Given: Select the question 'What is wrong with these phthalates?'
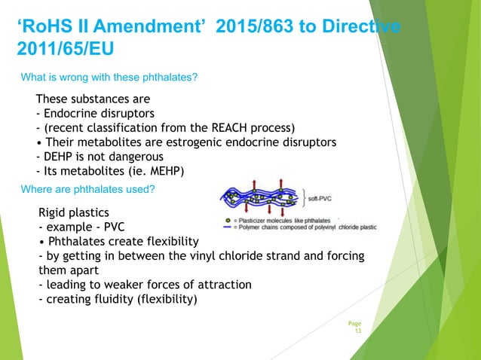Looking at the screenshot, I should (109, 77).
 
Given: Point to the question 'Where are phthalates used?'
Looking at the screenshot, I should (87, 189).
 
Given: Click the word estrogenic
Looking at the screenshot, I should (213, 142).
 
